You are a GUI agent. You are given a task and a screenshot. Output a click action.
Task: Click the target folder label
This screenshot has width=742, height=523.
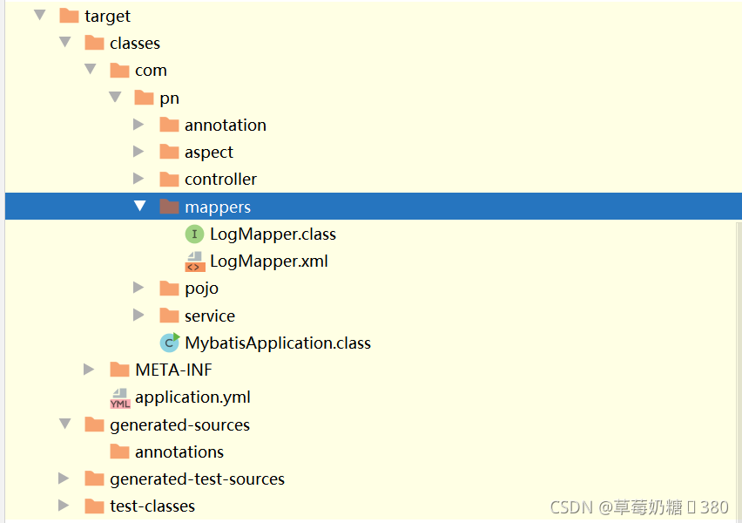click(x=107, y=16)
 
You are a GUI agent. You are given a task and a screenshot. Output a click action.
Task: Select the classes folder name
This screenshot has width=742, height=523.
click(x=134, y=43)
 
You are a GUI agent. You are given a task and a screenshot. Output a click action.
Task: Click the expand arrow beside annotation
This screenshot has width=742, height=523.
click(x=138, y=125)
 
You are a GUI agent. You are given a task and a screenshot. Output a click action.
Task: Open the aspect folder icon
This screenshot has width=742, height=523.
click(x=170, y=152)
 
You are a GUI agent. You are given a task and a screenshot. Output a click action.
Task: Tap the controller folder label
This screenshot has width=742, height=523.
click(x=220, y=179)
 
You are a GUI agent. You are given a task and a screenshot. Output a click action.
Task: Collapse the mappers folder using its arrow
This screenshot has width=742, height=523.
click(x=139, y=207)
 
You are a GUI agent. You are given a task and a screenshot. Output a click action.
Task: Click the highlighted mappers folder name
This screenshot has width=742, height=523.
click(x=217, y=207)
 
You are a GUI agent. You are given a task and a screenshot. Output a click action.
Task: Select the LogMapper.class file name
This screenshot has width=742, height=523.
click(x=273, y=234)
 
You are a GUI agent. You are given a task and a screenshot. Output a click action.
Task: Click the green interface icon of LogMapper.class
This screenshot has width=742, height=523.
click(x=194, y=234)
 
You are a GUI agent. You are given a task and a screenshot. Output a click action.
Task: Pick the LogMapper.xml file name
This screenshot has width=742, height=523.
click(x=268, y=261)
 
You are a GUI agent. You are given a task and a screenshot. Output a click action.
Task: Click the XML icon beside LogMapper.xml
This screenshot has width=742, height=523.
click(x=195, y=261)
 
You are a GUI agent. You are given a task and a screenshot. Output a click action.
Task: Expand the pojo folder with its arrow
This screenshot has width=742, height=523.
click(x=138, y=288)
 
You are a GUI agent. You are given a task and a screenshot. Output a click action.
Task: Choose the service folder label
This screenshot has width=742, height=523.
click(x=209, y=316)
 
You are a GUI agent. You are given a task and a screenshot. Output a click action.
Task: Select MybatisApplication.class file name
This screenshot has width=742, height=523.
click(x=278, y=343)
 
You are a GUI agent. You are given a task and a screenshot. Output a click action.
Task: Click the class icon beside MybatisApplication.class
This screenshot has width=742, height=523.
click(x=170, y=343)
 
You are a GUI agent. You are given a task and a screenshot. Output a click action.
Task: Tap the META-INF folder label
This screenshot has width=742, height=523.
click(x=173, y=370)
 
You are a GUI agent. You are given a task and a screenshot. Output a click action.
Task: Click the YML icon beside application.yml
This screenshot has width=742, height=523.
click(x=120, y=397)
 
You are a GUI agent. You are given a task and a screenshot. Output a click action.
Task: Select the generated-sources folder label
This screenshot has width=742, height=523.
click(x=179, y=425)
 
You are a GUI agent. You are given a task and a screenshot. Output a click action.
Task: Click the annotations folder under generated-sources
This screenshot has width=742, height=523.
click(x=179, y=452)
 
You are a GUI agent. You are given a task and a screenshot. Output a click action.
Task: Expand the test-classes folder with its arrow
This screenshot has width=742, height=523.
click(x=64, y=506)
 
